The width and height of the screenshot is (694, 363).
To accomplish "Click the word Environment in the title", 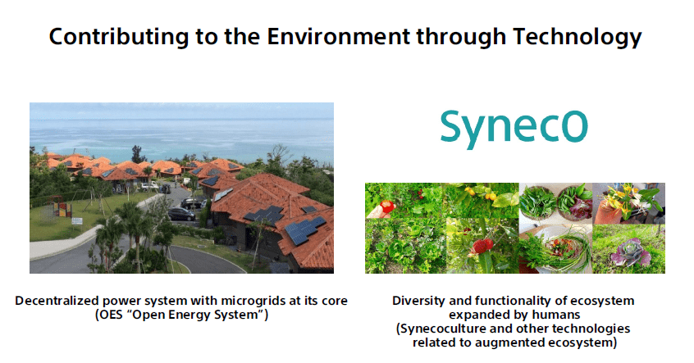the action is (339, 36).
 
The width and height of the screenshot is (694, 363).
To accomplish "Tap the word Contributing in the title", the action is (119, 37).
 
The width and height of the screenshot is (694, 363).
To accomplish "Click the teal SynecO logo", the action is (514, 129).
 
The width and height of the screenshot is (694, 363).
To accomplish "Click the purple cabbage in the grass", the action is (629, 254).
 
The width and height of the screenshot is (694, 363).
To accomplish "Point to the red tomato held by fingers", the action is (388, 206).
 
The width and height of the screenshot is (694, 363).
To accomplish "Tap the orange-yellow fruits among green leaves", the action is (480, 193).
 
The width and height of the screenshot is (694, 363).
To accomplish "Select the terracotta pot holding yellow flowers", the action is (606, 211).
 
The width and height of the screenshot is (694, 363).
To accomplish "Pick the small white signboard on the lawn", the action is (77, 220).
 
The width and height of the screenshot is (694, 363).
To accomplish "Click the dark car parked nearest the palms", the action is (181, 214).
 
